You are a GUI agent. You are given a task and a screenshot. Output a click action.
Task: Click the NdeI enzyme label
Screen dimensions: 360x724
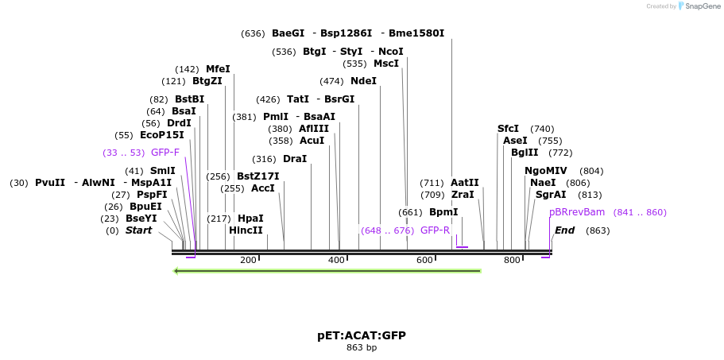pyautogui.click(x=363, y=81)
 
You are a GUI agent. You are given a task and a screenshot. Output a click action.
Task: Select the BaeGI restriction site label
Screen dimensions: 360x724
pyautogui.click(x=288, y=33)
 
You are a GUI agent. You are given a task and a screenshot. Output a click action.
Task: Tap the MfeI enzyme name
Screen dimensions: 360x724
pyautogui.click(x=218, y=69)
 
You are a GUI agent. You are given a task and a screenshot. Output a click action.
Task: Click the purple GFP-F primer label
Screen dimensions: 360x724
pyautogui.click(x=165, y=153)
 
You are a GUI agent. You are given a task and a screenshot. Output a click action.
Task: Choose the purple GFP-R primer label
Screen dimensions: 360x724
pyautogui.click(x=435, y=230)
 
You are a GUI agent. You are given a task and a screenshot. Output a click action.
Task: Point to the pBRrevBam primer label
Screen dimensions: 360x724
pyautogui.click(x=577, y=212)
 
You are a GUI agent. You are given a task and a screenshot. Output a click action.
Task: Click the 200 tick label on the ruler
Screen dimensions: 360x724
pyautogui.click(x=248, y=260)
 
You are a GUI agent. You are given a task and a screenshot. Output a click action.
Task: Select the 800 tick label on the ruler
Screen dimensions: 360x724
pyautogui.click(x=512, y=260)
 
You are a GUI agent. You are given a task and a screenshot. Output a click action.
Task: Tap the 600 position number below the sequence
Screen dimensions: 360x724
pyautogui.click(x=424, y=260)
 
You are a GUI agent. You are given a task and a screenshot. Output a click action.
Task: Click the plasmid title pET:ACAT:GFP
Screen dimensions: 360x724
pyautogui.click(x=362, y=335)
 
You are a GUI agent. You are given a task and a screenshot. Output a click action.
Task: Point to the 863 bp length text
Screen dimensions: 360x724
pyautogui.click(x=362, y=348)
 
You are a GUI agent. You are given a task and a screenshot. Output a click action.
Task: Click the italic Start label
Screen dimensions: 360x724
pyautogui.click(x=138, y=230)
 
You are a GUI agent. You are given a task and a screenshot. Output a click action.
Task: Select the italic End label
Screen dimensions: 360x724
pyautogui.click(x=564, y=230)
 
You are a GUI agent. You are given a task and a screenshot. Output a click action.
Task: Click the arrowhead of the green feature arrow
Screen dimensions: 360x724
pyautogui.click(x=177, y=271)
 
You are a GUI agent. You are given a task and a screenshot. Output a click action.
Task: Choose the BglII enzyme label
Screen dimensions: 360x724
pyautogui.click(x=525, y=153)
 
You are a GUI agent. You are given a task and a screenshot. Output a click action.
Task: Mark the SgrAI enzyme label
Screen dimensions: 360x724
pyautogui.click(x=551, y=195)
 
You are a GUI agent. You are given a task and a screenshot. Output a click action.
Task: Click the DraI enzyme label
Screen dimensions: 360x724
pyautogui.click(x=295, y=159)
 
